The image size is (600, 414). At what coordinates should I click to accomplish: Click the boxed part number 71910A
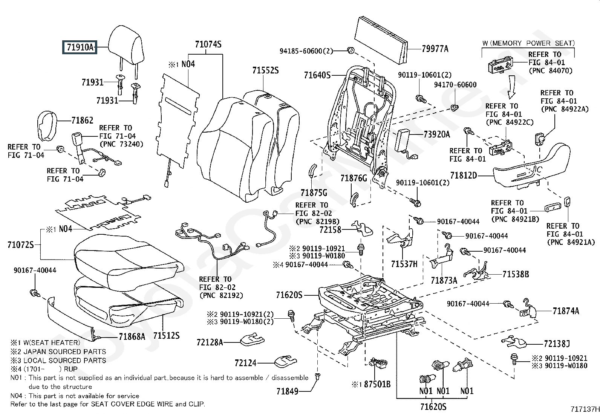point(80,47)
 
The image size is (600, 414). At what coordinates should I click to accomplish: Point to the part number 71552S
point(265,70)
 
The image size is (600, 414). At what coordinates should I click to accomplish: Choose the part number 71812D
point(464,175)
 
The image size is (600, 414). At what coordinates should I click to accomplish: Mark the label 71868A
point(132,336)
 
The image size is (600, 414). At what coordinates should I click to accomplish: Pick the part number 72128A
point(210,342)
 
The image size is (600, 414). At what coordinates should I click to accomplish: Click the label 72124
point(245,363)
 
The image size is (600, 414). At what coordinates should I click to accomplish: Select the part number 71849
point(287,391)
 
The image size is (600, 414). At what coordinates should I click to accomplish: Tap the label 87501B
point(377,384)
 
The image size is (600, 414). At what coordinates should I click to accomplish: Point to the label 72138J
point(557,344)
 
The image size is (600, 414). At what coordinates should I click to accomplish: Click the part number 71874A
point(566,311)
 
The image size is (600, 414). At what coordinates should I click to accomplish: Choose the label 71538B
point(516,274)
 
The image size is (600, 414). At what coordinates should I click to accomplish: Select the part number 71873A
point(444,280)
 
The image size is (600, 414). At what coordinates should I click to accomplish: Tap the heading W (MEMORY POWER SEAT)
point(528,43)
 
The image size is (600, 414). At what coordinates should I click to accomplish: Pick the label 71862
point(82,121)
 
